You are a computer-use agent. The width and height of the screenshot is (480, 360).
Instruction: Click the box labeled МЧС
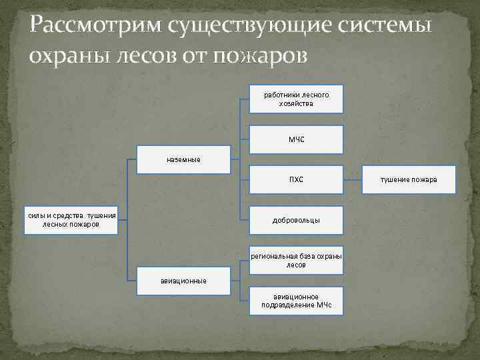(296, 139)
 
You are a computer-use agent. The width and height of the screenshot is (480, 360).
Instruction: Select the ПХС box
(296, 179)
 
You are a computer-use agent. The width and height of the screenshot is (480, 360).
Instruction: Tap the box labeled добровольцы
(296, 219)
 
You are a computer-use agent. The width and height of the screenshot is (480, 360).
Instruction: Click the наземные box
(183, 159)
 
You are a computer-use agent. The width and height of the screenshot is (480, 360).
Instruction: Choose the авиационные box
(183, 281)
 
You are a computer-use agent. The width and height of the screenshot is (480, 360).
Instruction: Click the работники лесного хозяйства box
(296, 99)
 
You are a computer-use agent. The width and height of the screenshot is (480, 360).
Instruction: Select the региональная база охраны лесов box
(296, 260)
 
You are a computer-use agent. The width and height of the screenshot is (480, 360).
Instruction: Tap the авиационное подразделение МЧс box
(296, 301)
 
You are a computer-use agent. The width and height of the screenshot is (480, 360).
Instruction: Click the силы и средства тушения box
(71, 220)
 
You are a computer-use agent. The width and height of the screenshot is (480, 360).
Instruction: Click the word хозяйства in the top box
(296, 104)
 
